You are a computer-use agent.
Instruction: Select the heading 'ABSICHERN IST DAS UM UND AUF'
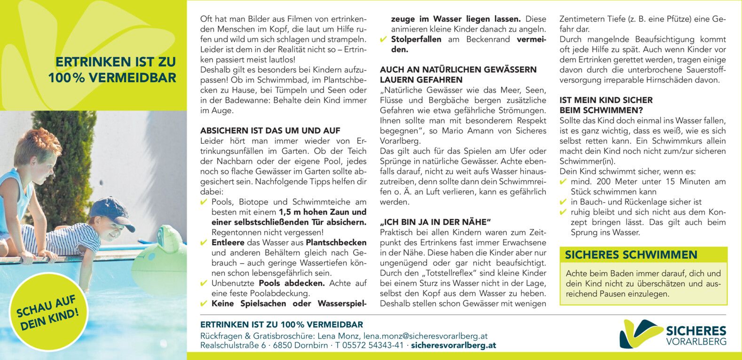[x=270, y=131]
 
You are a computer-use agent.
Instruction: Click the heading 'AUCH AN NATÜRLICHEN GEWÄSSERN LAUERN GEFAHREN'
[x=458, y=75]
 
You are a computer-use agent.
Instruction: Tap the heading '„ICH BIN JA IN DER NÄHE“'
[x=435, y=222]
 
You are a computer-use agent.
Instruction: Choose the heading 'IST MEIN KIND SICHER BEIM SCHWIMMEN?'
[x=606, y=105]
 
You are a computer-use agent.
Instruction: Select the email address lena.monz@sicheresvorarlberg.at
[x=425, y=336]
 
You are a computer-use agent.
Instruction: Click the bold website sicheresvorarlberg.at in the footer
[x=453, y=345]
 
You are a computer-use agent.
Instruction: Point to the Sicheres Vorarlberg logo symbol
[x=640, y=334]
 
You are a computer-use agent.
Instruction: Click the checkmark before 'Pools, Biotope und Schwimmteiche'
[x=204, y=202]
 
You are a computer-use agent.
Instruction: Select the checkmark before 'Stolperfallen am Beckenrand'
[x=383, y=39]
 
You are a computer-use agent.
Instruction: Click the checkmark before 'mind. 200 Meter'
[x=563, y=182]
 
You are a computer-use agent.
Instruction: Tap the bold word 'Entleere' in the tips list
[x=228, y=243]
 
